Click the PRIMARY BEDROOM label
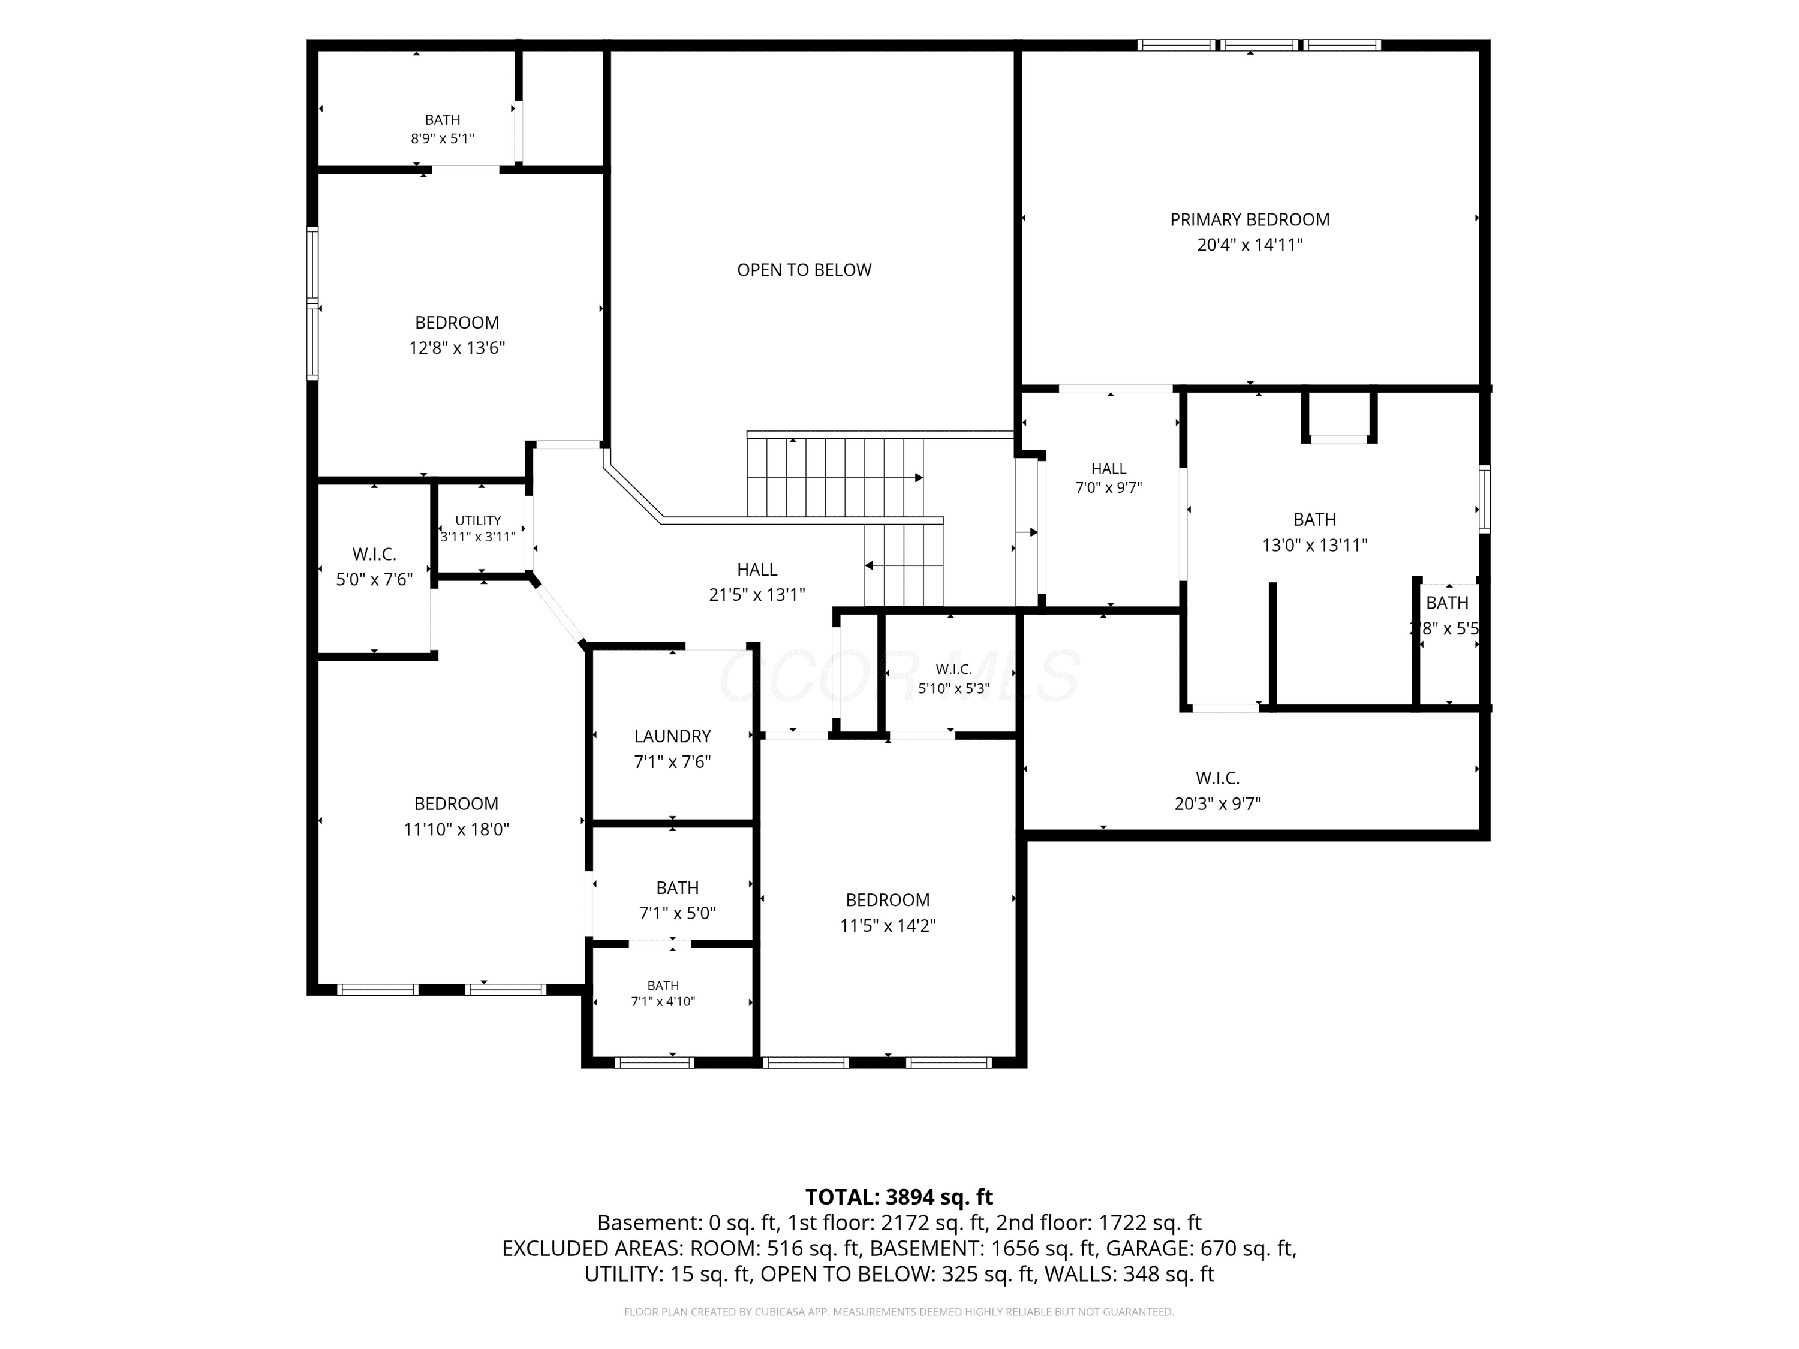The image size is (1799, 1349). [1250, 219]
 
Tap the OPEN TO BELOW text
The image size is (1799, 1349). [804, 270]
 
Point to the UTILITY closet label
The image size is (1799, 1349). [478, 520]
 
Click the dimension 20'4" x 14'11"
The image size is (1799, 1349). [1250, 245]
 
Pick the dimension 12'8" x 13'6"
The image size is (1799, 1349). [457, 348]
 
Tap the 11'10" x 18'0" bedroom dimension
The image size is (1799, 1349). [456, 829]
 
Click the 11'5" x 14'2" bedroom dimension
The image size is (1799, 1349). [888, 925]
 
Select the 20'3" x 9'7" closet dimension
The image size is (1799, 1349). [1217, 804]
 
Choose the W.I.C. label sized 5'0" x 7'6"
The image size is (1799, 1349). [374, 555]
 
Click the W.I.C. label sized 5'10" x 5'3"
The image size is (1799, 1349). [954, 669]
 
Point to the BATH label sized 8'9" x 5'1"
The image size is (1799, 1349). [443, 119]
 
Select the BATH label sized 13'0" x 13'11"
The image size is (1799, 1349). [1315, 520]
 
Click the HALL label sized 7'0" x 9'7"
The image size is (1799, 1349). [1109, 469]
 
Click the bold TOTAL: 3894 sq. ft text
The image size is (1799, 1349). [899, 1197]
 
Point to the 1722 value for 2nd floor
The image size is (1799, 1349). [1123, 1223]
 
